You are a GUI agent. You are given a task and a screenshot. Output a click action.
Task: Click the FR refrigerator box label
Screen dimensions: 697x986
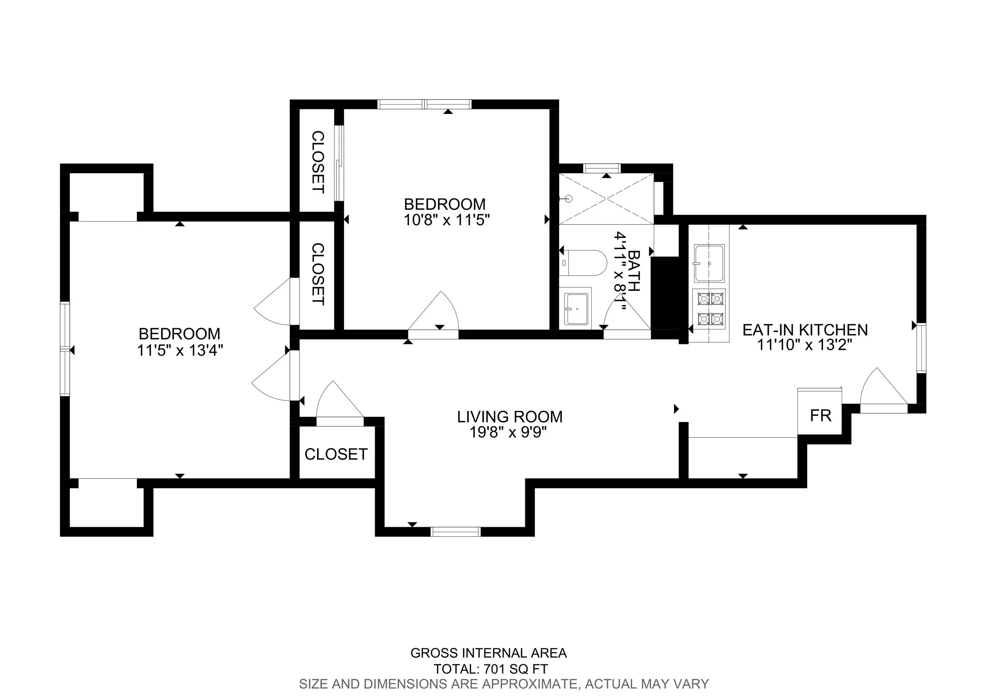[820, 416]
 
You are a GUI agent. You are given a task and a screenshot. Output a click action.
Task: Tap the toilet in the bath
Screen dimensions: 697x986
[584, 262]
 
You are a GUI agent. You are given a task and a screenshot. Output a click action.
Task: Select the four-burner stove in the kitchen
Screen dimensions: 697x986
[710, 308]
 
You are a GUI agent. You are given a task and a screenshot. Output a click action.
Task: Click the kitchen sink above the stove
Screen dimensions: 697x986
[709, 262]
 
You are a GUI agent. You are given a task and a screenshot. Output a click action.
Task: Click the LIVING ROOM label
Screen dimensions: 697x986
[509, 417]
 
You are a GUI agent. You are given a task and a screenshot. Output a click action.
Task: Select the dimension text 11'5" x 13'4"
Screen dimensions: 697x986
[180, 351]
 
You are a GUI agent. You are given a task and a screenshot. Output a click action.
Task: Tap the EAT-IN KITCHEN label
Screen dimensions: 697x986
[805, 330]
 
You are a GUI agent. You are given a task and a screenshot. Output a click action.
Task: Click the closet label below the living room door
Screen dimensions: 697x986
[336, 454]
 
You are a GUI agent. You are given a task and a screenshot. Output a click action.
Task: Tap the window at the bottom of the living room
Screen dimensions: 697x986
[455, 532]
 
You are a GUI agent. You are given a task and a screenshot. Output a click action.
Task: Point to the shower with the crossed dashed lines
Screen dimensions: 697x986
[605, 199]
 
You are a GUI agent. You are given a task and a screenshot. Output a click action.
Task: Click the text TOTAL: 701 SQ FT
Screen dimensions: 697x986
[490, 669]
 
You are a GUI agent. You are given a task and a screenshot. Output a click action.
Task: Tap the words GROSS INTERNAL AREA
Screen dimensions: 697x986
[488, 653]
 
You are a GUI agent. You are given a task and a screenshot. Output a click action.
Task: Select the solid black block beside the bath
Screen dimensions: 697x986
[664, 293]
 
